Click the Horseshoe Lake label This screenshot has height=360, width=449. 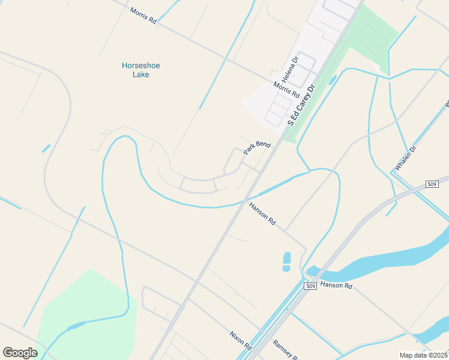coord(141,70)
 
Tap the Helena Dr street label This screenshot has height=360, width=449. coord(291,70)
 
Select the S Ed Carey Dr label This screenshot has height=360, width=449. coord(302,105)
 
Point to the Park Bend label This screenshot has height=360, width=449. coord(257,148)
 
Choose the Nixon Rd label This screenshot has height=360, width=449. coord(240,341)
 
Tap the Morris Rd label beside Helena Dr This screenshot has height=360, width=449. coord(286,89)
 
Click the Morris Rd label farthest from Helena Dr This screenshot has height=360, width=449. coord(143,16)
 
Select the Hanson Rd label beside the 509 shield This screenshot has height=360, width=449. coord(336,285)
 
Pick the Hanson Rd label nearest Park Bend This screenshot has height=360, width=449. coord(262,214)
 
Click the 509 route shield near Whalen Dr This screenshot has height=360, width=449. coord(432,183)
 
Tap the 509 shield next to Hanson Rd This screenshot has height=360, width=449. coord(310,287)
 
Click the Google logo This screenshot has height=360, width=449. coord(20,352)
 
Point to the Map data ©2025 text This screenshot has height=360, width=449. coord(423,355)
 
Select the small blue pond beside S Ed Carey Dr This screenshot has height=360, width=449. coord(332,80)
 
